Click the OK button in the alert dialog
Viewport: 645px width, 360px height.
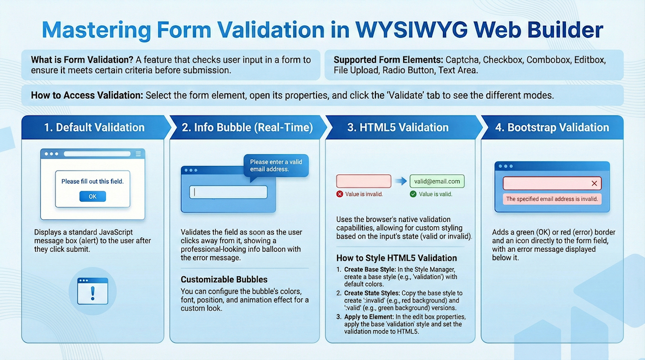(92, 197)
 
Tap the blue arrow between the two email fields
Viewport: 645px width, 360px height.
(401, 181)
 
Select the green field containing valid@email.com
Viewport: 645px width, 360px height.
(437, 181)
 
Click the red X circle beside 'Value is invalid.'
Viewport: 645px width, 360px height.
(340, 194)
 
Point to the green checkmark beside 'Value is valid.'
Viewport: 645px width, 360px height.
(413, 194)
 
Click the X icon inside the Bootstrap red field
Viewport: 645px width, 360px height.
(594, 183)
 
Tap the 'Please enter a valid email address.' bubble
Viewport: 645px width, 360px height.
(276, 166)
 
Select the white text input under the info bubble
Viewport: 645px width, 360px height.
(228, 192)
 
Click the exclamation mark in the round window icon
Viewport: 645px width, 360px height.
(92, 293)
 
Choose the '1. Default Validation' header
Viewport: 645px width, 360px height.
(94, 127)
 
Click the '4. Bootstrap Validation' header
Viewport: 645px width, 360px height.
(552, 127)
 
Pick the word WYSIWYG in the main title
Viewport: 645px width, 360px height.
(411, 29)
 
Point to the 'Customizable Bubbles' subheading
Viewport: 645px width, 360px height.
(224, 279)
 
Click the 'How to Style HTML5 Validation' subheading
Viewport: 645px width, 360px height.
(397, 258)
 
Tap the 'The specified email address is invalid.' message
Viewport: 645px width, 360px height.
(552, 199)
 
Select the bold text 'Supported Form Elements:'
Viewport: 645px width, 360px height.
(388, 60)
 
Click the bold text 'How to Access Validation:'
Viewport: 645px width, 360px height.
(87, 95)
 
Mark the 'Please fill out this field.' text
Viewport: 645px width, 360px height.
(92, 182)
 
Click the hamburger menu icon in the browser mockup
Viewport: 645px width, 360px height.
(138, 154)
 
